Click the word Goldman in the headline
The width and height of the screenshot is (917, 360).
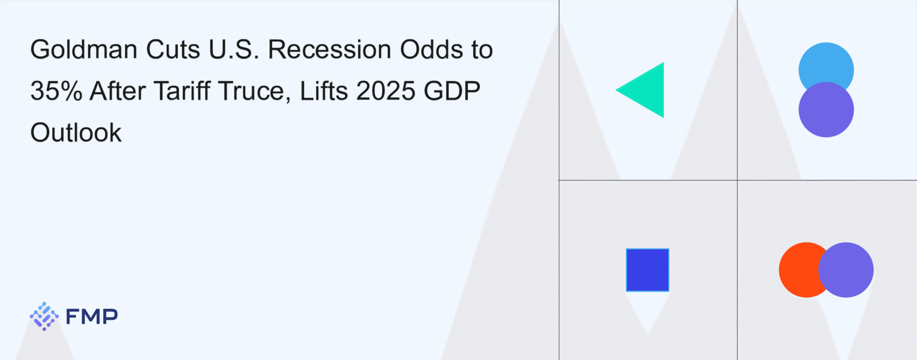(x=84, y=49)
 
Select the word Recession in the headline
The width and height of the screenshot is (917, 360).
(x=330, y=49)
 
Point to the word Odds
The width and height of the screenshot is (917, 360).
(x=428, y=49)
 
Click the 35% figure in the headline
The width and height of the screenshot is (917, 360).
(x=57, y=91)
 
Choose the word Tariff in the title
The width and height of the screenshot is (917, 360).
(x=181, y=91)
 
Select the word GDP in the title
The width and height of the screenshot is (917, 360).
(x=452, y=91)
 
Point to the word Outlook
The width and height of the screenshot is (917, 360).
(x=76, y=132)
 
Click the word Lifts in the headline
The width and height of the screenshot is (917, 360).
(x=324, y=91)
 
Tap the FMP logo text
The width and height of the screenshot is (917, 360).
(x=92, y=316)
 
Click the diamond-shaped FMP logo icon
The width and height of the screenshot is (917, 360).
(x=44, y=316)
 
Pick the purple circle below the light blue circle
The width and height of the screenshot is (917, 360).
(x=826, y=109)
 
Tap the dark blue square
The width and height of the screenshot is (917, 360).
(x=648, y=270)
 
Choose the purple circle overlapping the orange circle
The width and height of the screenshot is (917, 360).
(x=846, y=270)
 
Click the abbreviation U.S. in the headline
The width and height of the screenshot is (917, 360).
(x=234, y=49)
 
